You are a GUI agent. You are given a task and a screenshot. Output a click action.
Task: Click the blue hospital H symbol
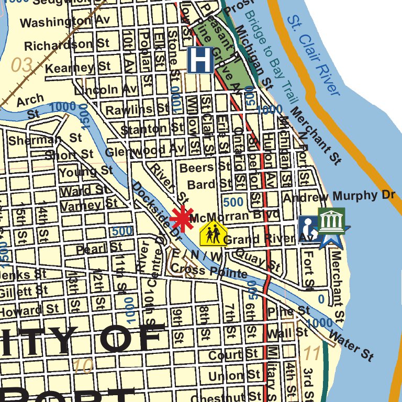pyautogui.click(x=200, y=60)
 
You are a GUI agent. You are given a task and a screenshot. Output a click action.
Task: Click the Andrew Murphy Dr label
pyautogui.click(x=338, y=196)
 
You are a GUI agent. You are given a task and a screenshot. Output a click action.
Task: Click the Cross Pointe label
pyautogui.click(x=209, y=271)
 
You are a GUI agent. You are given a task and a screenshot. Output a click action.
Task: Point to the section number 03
pyautogui.click(x=22, y=65)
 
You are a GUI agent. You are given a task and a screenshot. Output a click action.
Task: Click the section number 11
pyautogui.click(x=312, y=354)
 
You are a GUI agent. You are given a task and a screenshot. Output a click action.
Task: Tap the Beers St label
pyautogui.click(x=205, y=167)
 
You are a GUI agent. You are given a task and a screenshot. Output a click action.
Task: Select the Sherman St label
pyautogui.click(x=45, y=140)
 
